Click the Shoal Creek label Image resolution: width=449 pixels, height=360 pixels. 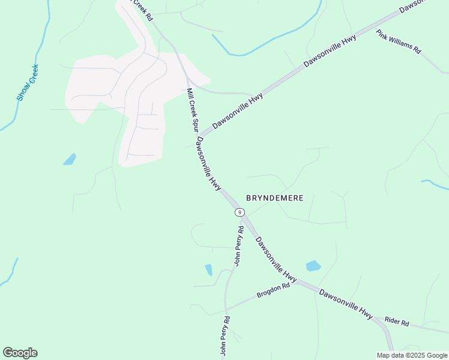point(28,82)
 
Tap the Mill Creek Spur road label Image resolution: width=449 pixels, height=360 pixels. point(192,110)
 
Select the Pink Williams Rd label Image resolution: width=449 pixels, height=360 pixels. point(398,42)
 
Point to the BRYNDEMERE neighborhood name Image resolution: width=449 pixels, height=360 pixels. point(274,197)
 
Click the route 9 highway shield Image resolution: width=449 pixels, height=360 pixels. point(240,212)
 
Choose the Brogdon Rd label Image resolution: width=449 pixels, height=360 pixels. point(273,290)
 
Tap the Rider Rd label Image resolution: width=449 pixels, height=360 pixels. point(397,322)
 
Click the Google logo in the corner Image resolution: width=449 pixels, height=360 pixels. point(20,353)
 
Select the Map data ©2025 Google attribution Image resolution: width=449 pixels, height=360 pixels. point(412,355)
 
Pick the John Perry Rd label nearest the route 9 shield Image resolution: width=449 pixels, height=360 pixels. point(238,246)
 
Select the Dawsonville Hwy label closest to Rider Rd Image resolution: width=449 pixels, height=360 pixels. point(346,303)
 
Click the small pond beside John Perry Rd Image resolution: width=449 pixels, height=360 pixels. point(208,269)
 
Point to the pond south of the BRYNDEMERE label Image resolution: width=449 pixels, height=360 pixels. point(313,266)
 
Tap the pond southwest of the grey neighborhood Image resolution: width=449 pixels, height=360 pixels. point(70,160)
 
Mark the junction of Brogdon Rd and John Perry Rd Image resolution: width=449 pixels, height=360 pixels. point(225,310)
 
